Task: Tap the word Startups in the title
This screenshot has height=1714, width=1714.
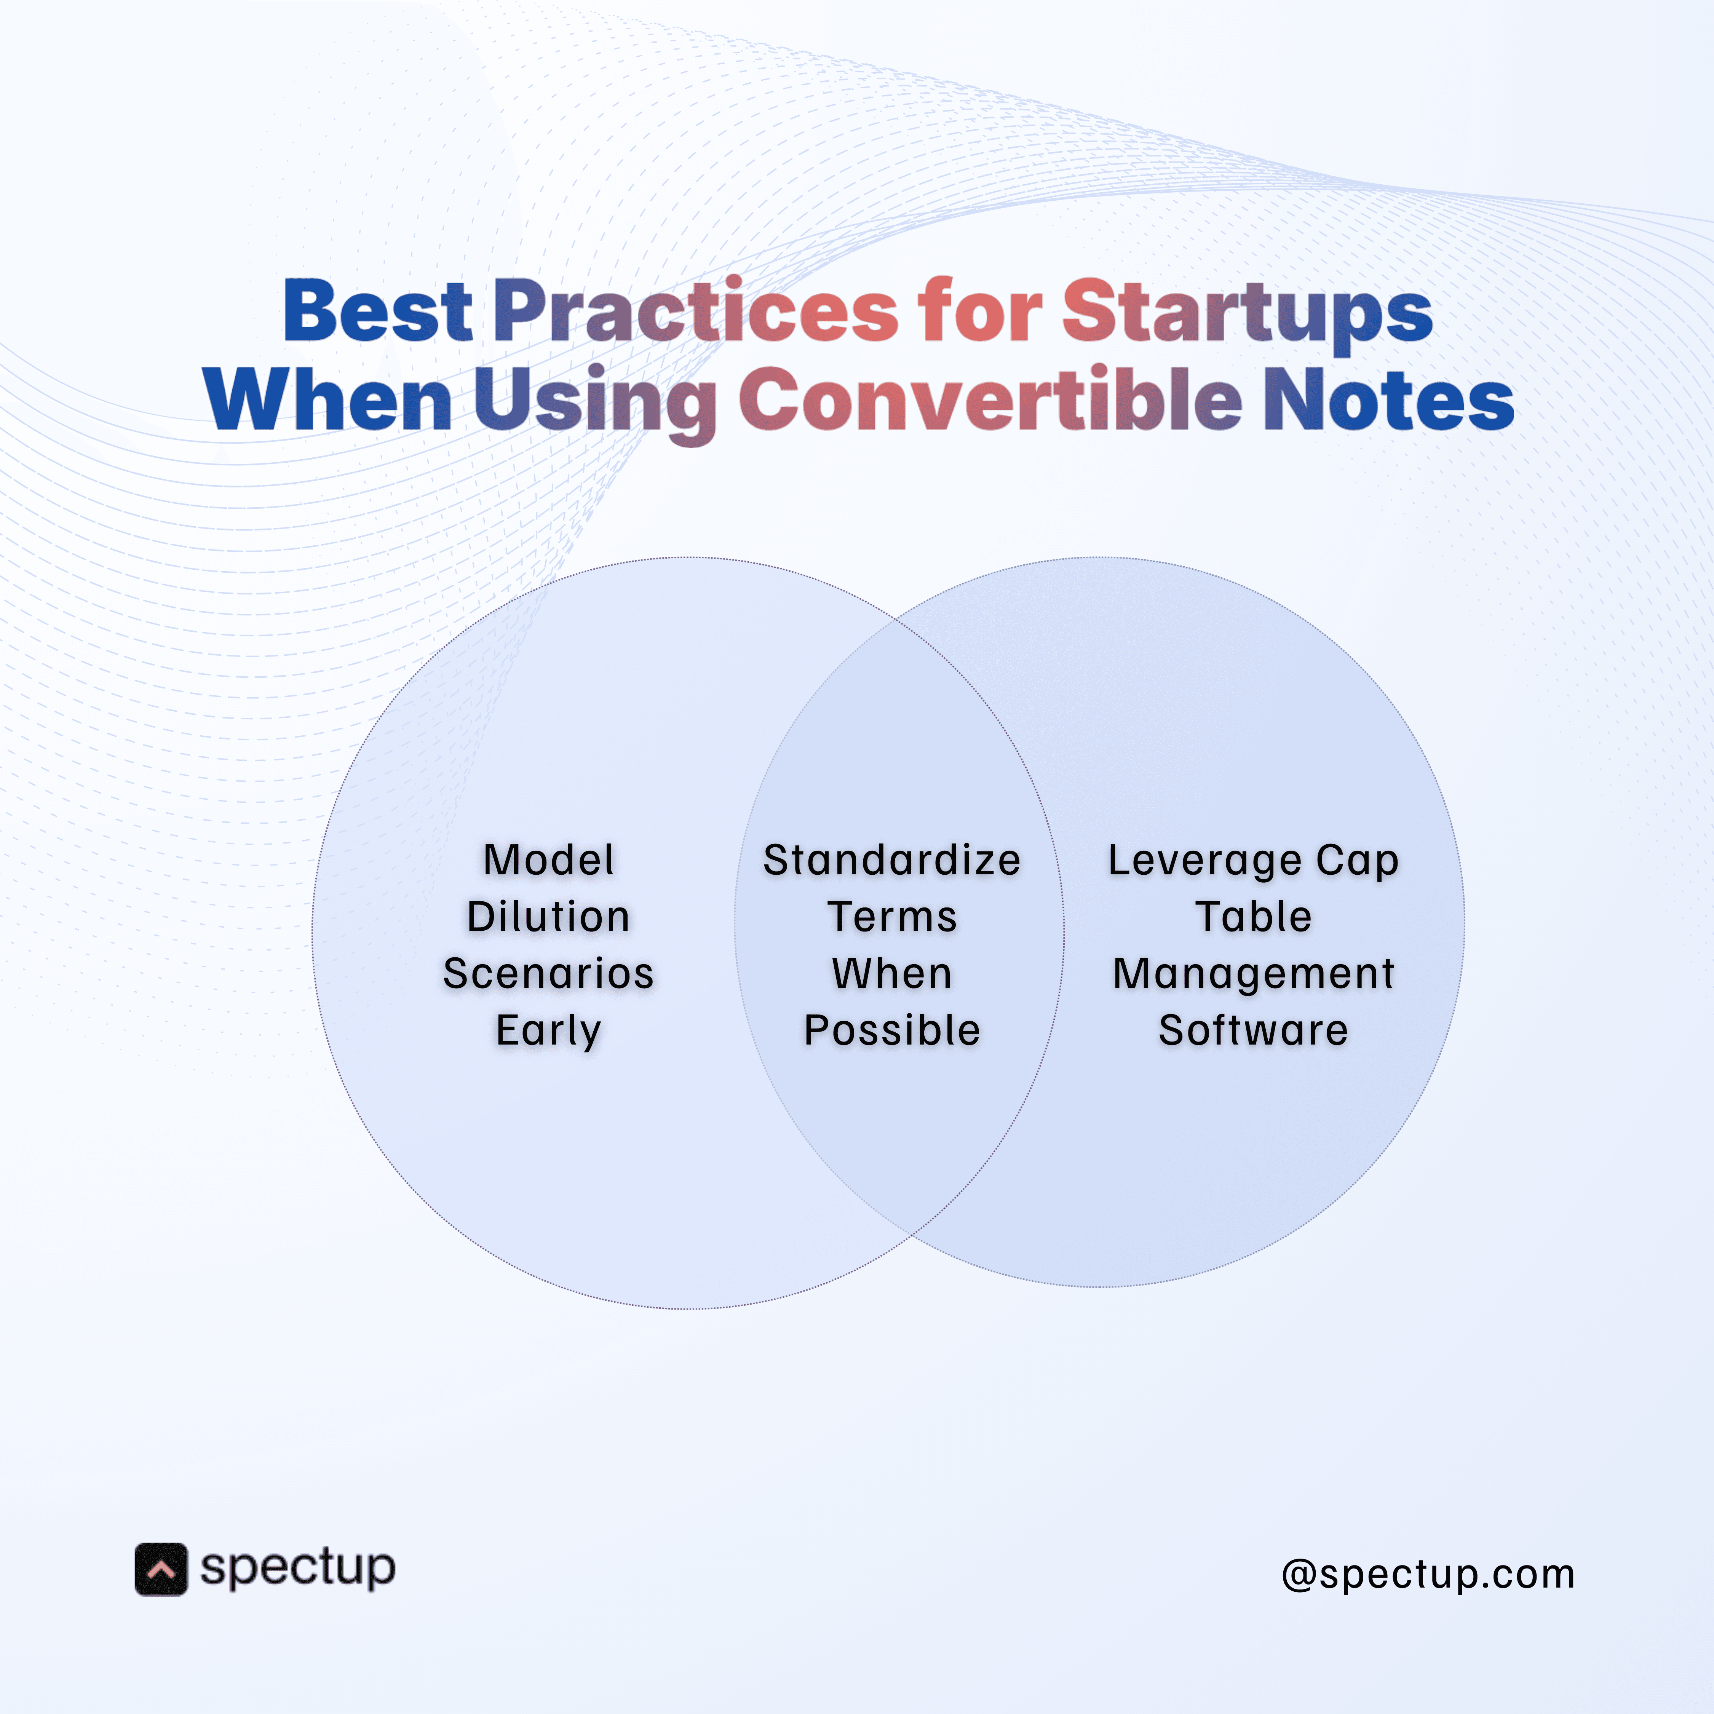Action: tap(1246, 312)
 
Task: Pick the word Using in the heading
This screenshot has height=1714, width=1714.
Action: tap(594, 401)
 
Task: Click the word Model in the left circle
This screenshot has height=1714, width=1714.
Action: tap(548, 859)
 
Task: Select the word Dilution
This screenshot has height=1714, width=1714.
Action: tap(548, 917)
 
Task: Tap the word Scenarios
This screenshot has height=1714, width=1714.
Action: tap(548, 973)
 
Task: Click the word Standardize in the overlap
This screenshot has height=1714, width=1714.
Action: tap(891, 859)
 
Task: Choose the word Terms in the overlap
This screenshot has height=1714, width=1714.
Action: tap(891, 917)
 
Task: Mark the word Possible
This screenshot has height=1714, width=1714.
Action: tap(891, 1030)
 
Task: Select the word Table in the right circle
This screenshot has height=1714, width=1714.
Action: tap(1253, 917)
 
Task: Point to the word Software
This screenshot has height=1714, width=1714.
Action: tap(1253, 1030)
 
